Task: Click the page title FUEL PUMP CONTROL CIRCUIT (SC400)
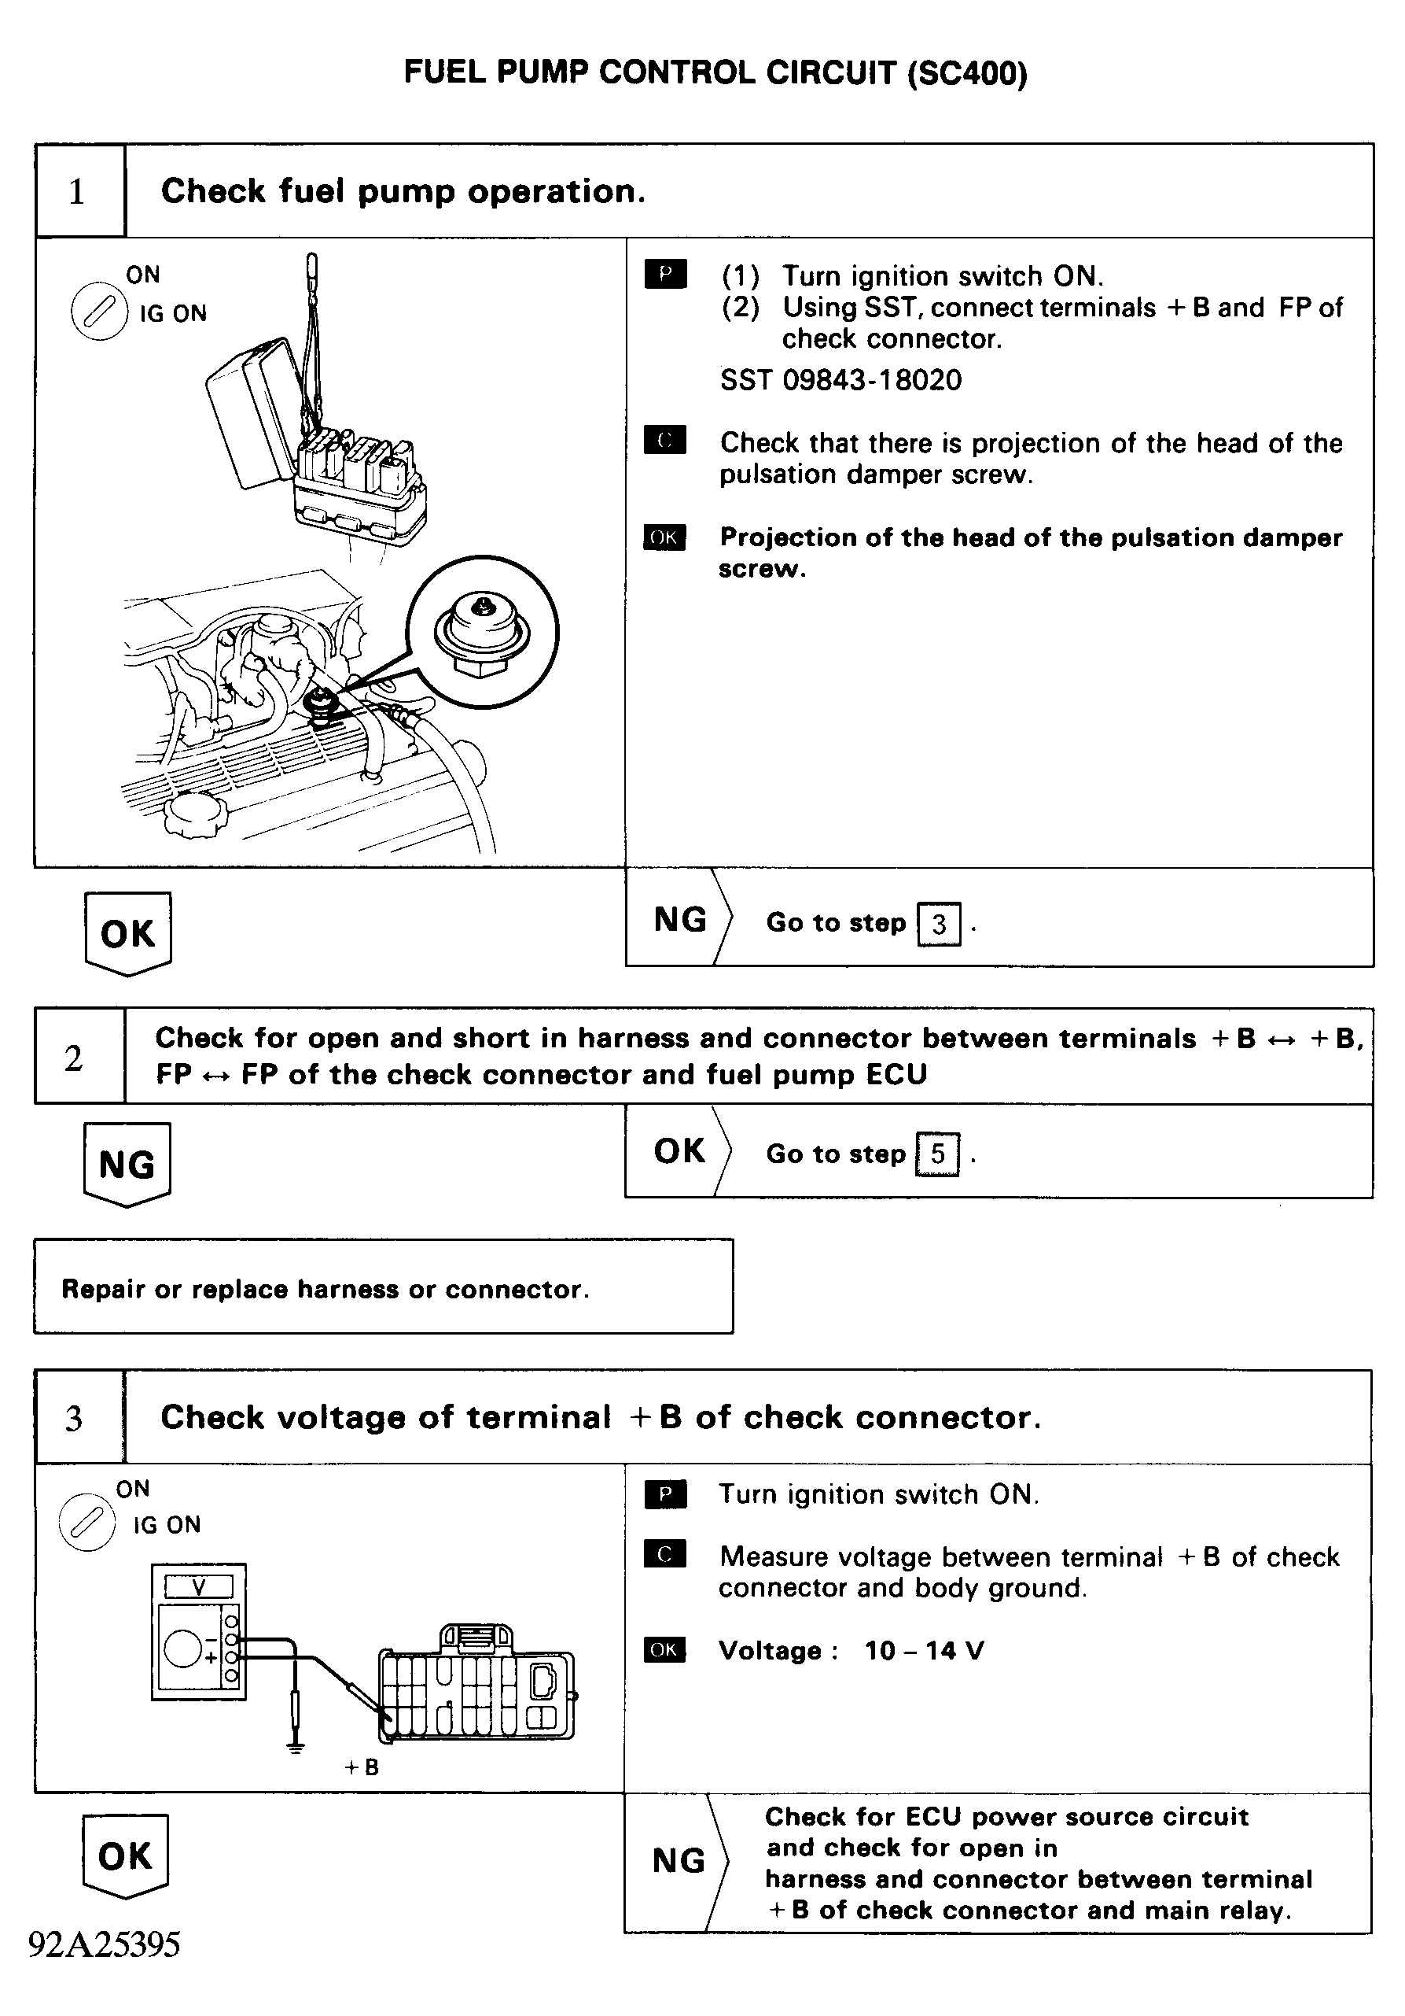[x=715, y=73]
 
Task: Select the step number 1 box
[x=78, y=191]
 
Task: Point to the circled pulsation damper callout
[x=482, y=631]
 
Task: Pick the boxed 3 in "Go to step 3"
[x=938, y=924]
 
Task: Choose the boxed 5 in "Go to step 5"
[x=937, y=1154]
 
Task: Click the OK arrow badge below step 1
[x=127, y=933]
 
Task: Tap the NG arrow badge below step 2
[x=127, y=1165]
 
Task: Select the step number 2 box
[x=75, y=1057]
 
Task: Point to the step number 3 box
[x=75, y=1418]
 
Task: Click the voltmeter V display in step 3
[x=199, y=1586]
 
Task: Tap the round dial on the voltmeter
[x=182, y=1648]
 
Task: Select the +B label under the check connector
[x=362, y=1767]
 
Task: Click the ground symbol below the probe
[x=296, y=1748]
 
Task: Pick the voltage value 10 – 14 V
[x=923, y=1651]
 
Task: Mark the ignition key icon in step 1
[x=99, y=312]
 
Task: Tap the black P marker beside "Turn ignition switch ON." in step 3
[x=664, y=1494]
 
